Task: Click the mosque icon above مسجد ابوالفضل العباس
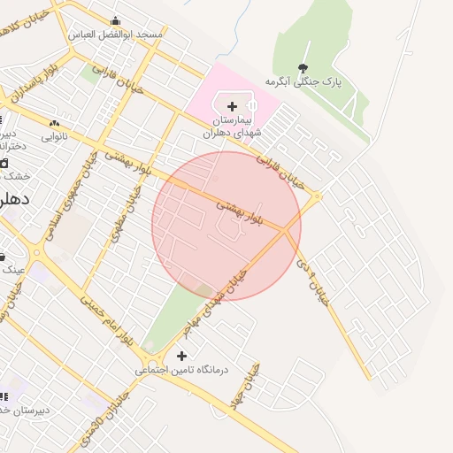pyautogui.click(x=116, y=21)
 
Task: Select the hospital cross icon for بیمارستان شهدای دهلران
pyautogui.click(x=232, y=106)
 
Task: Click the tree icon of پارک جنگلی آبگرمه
pyautogui.click(x=303, y=68)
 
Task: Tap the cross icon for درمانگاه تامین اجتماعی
pyautogui.click(x=181, y=356)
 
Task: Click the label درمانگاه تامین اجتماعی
pyautogui.click(x=181, y=370)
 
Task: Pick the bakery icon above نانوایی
pyautogui.click(x=55, y=124)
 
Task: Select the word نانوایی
pyautogui.click(x=55, y=137)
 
